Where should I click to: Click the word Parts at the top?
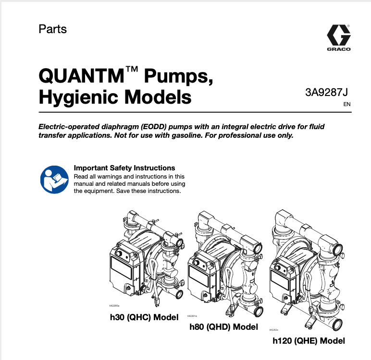click(52, 29)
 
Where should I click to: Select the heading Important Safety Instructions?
click(124, 168)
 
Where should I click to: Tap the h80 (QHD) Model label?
click(223, 327)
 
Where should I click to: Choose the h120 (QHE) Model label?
click(309, 341)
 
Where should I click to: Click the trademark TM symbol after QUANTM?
click(132, 71)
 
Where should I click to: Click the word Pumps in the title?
click(177, 76)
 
